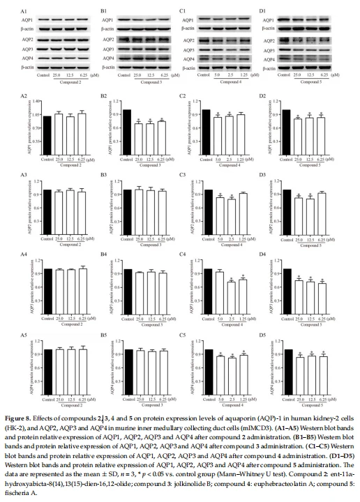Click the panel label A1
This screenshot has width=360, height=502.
(x=23, y=10)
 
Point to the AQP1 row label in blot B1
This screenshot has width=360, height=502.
(x=108, y=18)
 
